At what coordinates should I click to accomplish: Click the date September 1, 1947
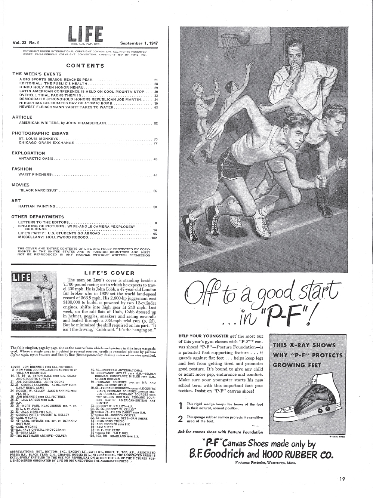[x=139, y=43]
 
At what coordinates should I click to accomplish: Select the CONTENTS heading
[x=85, y=66]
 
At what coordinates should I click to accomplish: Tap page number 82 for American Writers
[x=156, y=123]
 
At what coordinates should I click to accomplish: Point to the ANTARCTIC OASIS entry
[x=36, y=159]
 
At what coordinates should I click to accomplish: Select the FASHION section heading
[x=22, y=169]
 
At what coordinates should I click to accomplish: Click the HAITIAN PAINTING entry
[x=37, y=206]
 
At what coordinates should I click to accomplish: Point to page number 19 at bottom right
[x=342, y=479]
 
